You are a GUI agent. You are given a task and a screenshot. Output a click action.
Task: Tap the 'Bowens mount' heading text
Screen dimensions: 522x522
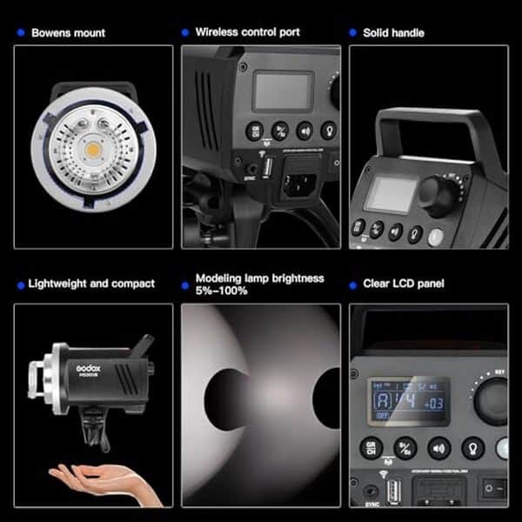(x=68, y=33)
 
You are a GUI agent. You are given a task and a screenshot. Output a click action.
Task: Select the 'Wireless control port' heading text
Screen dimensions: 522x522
(x=247, y=32)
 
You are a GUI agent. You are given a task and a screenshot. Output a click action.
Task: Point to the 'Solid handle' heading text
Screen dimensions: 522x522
(x=393, y=33)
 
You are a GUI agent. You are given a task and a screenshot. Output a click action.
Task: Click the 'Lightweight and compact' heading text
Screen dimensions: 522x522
(x=91, y=284)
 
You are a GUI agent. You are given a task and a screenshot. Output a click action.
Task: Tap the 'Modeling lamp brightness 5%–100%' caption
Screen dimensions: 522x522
(x=259, y=284)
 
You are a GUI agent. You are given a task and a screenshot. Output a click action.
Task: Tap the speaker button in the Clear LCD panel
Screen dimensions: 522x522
(x=439, y=447)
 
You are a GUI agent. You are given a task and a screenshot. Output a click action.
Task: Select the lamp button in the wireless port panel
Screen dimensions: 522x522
(x=329, y=130)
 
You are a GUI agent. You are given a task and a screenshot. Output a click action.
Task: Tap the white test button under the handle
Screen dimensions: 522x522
(x=436, y=238)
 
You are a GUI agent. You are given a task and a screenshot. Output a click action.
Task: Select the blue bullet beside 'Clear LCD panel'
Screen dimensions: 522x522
(x=353, y=284)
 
